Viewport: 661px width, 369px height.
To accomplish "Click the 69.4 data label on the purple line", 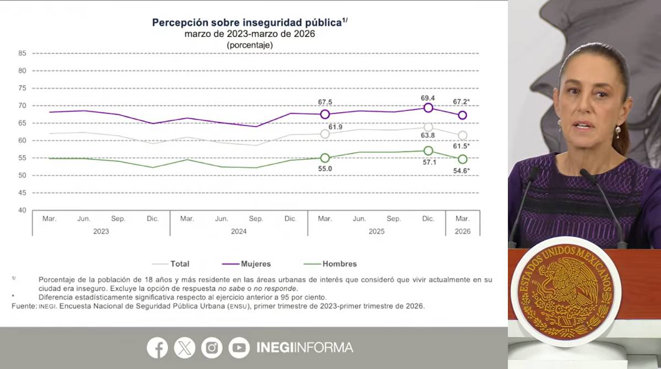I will (428, 97).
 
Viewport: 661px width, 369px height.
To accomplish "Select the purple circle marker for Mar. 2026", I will (463, 116).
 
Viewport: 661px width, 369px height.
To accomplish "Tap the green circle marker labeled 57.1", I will (428, 150).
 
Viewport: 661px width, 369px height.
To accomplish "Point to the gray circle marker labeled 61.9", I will (325, 134).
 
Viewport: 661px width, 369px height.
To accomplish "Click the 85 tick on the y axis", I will (22, 53).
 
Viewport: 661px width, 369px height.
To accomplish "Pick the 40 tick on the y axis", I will (22, 210).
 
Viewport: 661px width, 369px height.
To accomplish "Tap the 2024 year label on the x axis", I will (239, 231).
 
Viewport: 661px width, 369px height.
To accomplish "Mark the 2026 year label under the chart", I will (463, 231).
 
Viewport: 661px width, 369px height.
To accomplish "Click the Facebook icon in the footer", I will (158, 348).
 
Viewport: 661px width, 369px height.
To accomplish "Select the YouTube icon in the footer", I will (239, 348).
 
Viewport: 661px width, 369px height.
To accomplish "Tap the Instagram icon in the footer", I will (212, 348).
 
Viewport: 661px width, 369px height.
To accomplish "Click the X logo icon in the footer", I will (185, 348).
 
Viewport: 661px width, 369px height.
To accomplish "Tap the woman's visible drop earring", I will (618, 132).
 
